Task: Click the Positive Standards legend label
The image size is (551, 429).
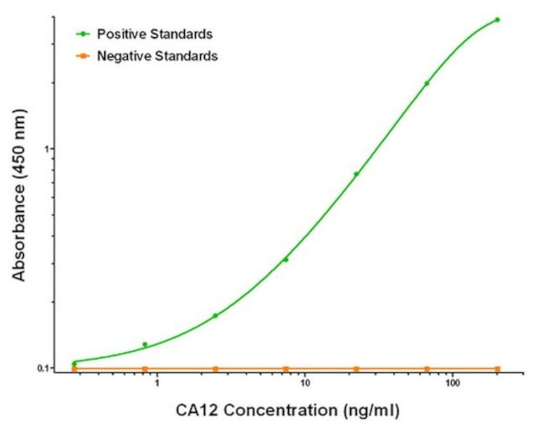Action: [x=154, y=34]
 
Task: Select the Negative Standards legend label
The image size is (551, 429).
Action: [x=158, y=56]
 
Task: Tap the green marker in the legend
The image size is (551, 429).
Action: [x=83, y=34]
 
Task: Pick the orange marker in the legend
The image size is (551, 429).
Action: [x=83, y=56]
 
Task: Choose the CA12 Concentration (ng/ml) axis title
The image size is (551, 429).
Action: [x=288, y=412]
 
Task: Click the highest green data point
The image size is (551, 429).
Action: [x=498, y=19]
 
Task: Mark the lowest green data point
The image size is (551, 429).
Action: [x=75, y=364]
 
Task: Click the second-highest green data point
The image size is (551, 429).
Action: [x=426, y=83]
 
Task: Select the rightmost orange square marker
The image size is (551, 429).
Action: [x=498, y=369]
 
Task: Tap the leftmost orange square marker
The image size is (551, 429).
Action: [x=75, y=369]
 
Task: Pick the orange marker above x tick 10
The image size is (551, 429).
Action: [x=286, y=369]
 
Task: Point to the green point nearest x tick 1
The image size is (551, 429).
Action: [x=145, y=344]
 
